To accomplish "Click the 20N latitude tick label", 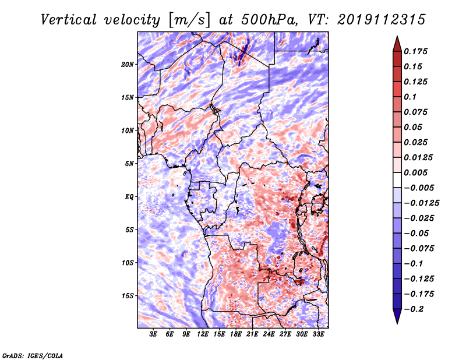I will pyautogui.click(x=128, y=64).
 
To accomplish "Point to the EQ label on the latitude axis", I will pyautogui.click(x=129, y=196).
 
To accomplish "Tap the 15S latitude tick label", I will pyautogui.click(x=128, y=295).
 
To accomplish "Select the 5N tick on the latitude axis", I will pyautogui.click(x=129, y=163).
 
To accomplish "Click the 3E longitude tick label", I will pyautogui.click(x=154, y=334).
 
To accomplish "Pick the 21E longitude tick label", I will pyautogui.click(x=253, y=334).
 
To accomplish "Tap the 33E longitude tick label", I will pyautogui.click(x=318, y=334).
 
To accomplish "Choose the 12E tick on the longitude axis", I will pyautogui.click(x=203, y=334).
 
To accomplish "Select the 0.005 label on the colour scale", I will pyautogui.click(x=417, y=172).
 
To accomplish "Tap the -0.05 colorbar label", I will pyautogui.click(x=417, y=233).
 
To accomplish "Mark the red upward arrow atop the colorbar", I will pyautogui.click(x=397, y=43).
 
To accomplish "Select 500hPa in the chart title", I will pyautogui.click(x=266, y=19).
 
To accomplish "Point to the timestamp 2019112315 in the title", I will pyautogui.click(x=376, y=19).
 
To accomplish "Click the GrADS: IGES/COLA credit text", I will pyautogui.click(x=33, y=355).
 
